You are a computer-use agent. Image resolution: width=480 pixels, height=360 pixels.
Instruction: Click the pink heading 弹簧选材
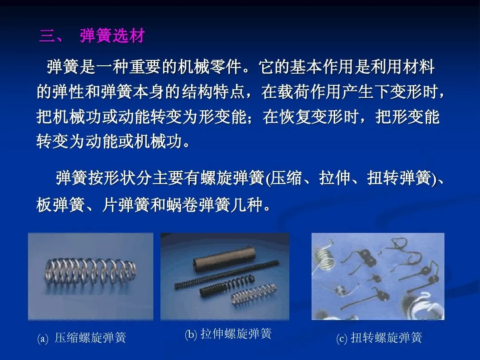tap(112, 36)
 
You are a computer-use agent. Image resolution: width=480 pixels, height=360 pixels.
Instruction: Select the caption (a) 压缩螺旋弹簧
tap(81, 338)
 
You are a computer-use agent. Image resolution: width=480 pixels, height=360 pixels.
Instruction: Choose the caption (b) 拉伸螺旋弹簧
tap(228, 334)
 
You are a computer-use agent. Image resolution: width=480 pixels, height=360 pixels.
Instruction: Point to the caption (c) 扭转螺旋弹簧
tap(379, 338)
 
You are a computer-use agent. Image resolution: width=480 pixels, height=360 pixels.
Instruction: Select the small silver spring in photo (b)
tap(254, 294)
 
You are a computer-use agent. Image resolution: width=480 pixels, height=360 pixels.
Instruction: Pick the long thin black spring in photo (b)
tap(227, 274)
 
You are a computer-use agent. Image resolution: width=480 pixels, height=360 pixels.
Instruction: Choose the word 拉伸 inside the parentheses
tap(335, 177)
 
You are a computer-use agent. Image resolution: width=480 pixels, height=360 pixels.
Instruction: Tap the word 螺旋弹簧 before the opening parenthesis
tap(232, 177)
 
